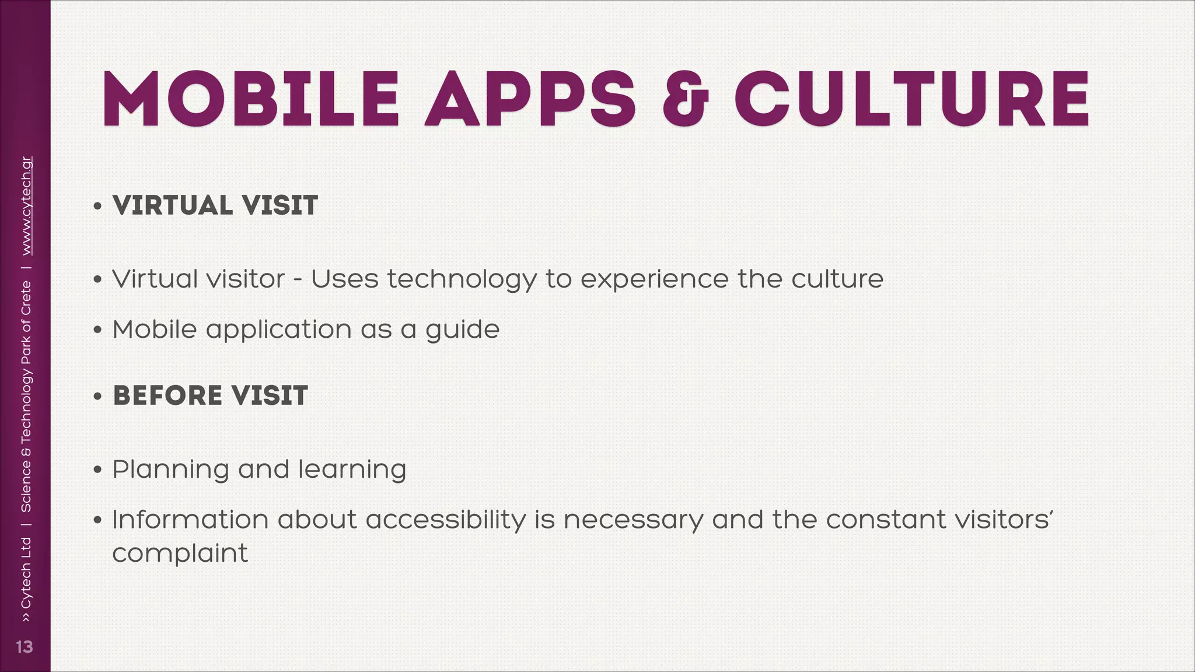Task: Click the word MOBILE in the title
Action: coord(251,99)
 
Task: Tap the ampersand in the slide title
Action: coord(685,99)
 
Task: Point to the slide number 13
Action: coord(25,647)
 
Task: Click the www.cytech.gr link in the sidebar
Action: coord(26,205)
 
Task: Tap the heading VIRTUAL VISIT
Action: coord(215,205)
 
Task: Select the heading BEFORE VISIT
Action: coord(210,395)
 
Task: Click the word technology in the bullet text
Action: coord(462,279)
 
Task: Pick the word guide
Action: coord(462,330)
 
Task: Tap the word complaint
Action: coord(180,554)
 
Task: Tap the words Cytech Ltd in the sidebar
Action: coord(26,572)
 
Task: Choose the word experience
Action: coord(654,279)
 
